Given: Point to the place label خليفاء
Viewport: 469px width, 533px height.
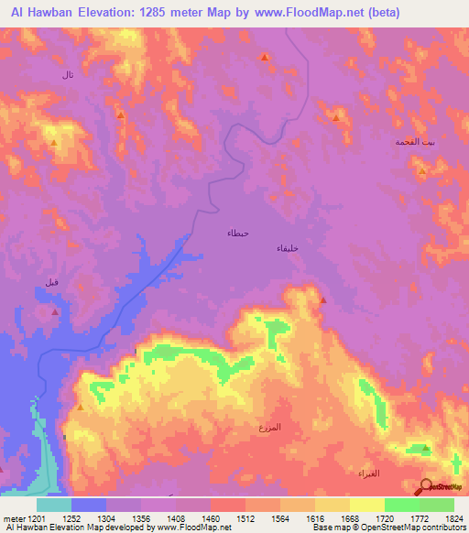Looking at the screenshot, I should click(288, 248).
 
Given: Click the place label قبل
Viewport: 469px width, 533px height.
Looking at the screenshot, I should click(52, 282).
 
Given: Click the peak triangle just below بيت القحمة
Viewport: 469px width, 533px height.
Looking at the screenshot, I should click(421, 171).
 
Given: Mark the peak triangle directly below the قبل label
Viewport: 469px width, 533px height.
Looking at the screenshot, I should click(54, 313).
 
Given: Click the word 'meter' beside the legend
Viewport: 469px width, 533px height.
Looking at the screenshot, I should click(12, 517).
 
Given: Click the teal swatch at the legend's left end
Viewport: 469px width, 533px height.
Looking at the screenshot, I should click(54, 505).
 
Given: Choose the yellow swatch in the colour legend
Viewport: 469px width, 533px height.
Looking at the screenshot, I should click(366, 505).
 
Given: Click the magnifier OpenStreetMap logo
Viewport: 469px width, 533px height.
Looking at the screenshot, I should click(424, 486).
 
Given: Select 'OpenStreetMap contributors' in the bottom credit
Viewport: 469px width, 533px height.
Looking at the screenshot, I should click(416, 528).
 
